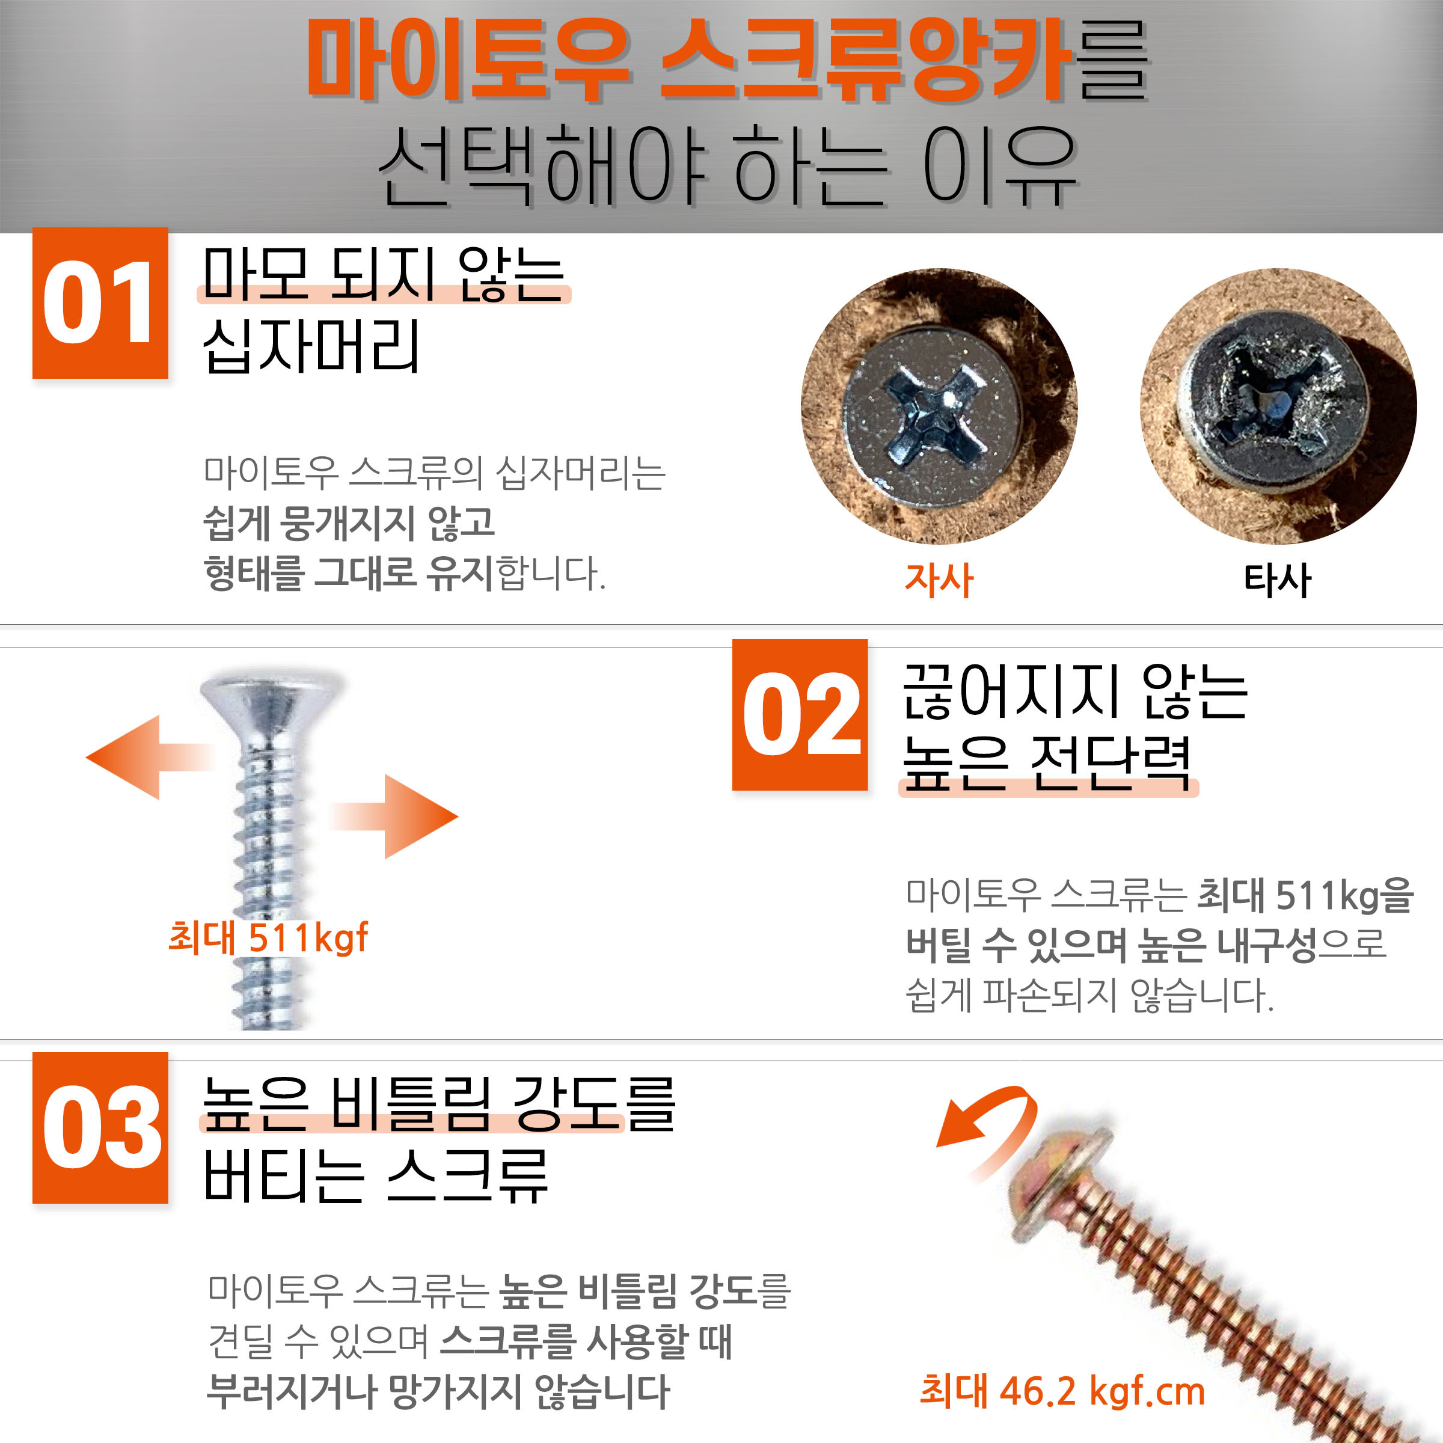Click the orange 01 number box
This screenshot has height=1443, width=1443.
100,303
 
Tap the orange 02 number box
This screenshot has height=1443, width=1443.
800,715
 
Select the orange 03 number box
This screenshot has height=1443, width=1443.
100,1128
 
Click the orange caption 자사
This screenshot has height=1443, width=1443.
939,580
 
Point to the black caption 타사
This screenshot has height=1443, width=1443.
1277,580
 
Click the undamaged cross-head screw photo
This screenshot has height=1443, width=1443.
939,406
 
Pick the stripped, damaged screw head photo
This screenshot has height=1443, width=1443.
1278,406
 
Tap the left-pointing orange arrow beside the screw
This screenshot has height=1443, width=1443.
149,758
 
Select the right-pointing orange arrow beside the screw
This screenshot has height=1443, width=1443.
394,816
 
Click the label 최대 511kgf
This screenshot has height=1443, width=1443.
268,937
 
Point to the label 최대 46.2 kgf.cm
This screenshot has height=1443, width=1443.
1062,1391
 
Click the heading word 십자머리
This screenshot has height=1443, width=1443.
311,345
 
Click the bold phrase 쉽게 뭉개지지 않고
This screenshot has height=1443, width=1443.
349,523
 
